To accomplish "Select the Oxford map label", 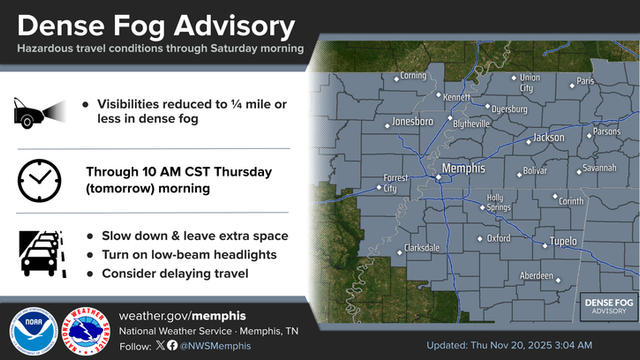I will [x=499, y=238].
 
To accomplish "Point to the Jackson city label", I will [x=548, y=137].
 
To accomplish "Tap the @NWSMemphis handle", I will [x=218, y=346].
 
